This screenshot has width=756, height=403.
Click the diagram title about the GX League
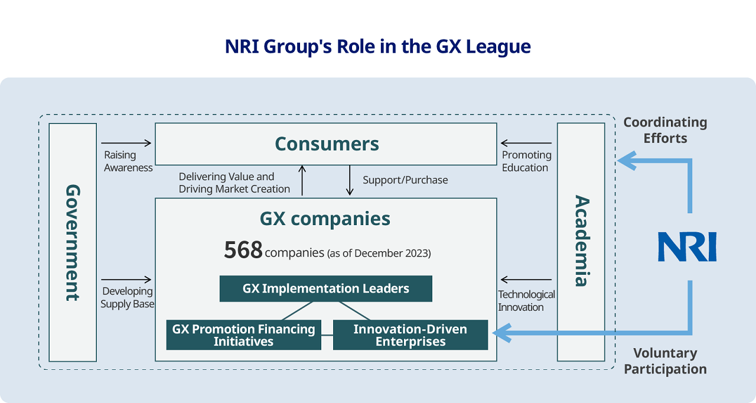point(378,47)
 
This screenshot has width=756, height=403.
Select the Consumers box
point(326,144)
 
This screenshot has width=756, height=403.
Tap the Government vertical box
point(73,242)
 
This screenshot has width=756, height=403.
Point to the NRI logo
point(687,247)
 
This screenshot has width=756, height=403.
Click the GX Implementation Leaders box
point(325,289)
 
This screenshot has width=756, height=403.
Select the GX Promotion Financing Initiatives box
point(243,335)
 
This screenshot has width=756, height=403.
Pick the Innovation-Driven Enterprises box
point(410,335)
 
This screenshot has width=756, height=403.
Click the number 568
point(243,251)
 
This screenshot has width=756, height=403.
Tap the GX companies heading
point(325,219)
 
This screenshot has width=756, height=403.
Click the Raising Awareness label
point(128,161)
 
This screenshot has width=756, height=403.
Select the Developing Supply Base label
point(127,298)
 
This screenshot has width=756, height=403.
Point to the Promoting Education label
point(526,161)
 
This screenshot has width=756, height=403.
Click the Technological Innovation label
point(526,301)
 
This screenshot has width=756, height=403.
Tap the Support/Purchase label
point(405,180)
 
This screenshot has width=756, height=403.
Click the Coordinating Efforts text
point(665,130)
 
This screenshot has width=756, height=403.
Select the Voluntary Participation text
point(665,361)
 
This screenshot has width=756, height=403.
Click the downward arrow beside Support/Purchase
point(350,181)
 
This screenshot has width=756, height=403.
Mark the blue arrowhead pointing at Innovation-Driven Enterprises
point(500,333)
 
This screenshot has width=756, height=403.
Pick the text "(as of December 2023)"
point(379,253)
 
